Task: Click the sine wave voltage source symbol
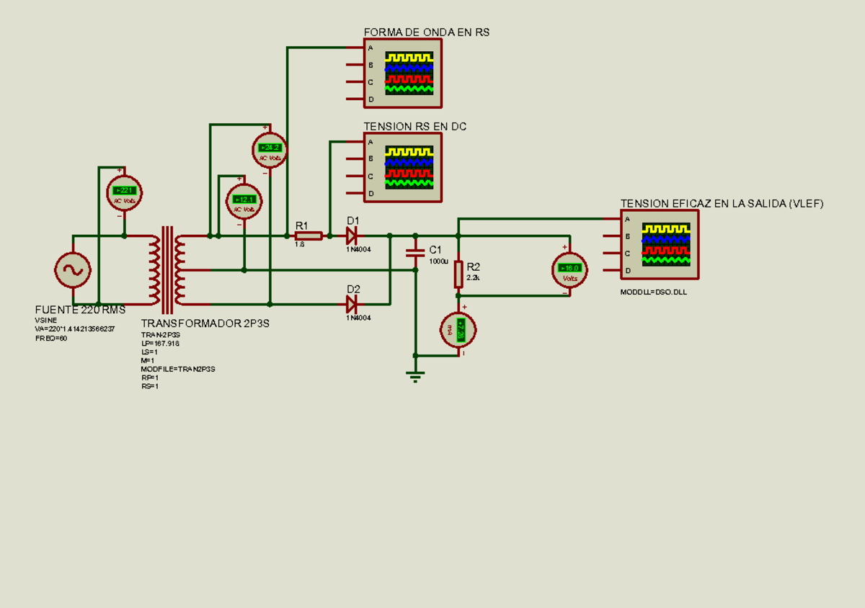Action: coord(72,269)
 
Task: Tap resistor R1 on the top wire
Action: coord(309,236)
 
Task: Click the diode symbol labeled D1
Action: coord(352,236)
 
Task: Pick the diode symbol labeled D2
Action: coord(352,303)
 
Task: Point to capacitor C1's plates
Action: coord(415,253)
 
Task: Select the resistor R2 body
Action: coord(458,274)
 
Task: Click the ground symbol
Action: coord(415,375)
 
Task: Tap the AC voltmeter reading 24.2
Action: coord(269,150)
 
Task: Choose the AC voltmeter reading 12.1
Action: coord(244,201)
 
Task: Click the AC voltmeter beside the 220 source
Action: coord(125,192)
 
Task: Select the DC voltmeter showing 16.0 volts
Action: coord(569,269)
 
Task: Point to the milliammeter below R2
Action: coord(458,331)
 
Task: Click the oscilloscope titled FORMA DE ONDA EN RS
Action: coord(402,73)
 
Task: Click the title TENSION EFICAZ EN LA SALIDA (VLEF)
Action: coord(722,204)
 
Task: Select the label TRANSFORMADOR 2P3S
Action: coord(205,323)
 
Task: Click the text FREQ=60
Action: coord(51,338)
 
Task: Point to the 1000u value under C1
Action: coord(438,261)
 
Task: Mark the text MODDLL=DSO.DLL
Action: coord(653,292)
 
